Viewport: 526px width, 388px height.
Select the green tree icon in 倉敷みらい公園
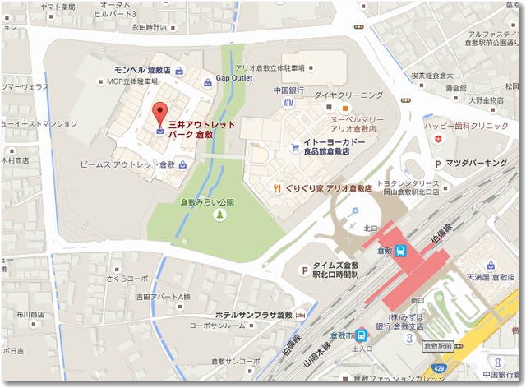pyautogui.click(x=219, y=215)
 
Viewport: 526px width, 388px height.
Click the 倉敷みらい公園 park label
pyautogui.click(x=207, y=201)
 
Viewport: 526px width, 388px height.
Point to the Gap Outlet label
pyautogui.click(x=233, y=79)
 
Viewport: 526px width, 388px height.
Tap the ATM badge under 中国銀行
pyautogui.click(x=288, y=104)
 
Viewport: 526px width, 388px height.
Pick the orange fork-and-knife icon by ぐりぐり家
pyautogui.click(x=279, y=187)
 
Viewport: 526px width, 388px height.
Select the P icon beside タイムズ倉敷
pyautogui.click(x=303, y=270)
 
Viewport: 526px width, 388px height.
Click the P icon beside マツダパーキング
pyautogui.click(x=438, y=164)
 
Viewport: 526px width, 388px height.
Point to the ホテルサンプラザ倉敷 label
pyautogui.click(x=253, y=315)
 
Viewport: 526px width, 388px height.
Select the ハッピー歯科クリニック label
pyautogui.click(x=466, y=126)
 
